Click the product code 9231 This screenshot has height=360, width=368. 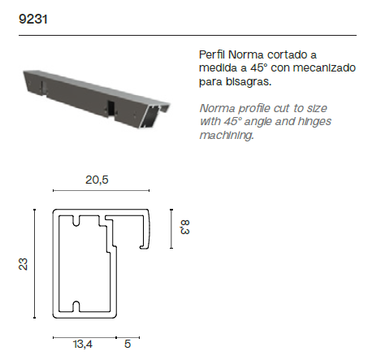(x=33, y=20)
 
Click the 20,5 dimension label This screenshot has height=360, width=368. (x=97, y=180)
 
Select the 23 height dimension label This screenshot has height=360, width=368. (x=24, y=264)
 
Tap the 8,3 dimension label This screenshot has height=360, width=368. (x=185, y=227)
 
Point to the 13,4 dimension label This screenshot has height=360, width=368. (x=83, y=345)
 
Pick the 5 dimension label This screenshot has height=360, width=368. (x=128, y=344)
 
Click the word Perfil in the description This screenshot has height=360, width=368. (x=212, y=54)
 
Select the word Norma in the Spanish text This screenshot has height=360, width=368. (x=246, y=55)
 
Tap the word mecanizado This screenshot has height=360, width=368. (x=324, y=67)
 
